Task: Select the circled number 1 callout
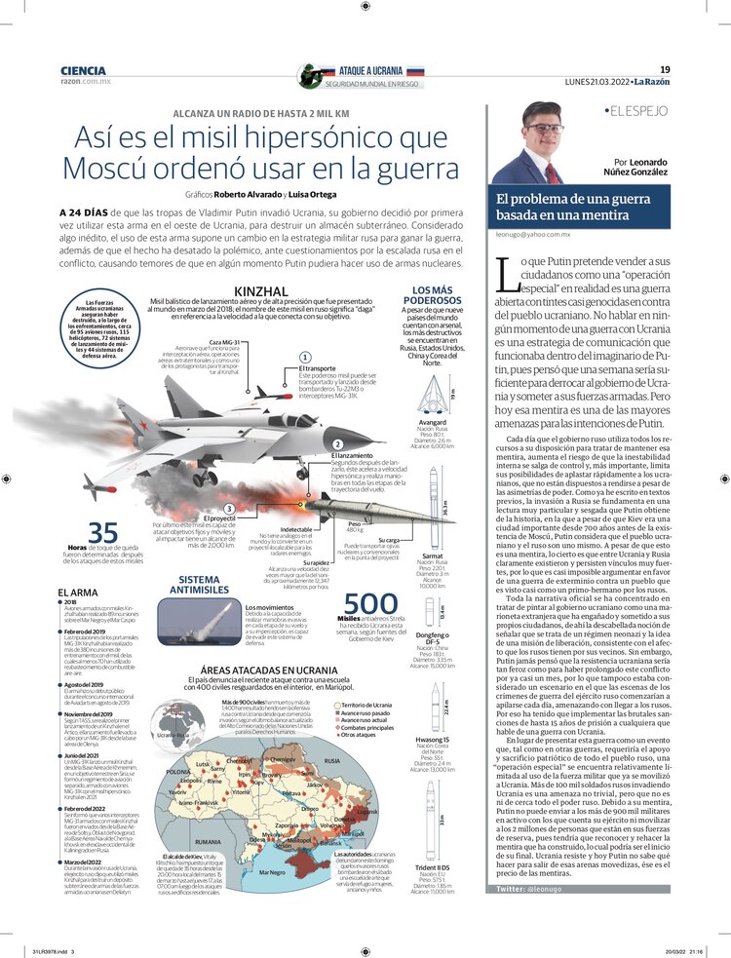click(x=305, y=358)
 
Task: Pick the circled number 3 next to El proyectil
click(x=227, y=508)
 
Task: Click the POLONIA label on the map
click(x=177, y=772)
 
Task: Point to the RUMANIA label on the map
click(x=208, y=840)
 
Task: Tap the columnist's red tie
click(x=552, y=172)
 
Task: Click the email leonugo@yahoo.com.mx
click(x=533, y=235)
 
